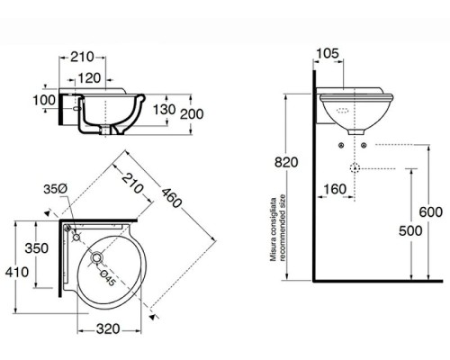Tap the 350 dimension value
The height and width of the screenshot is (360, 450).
pyautogui.click(x=38, y=247)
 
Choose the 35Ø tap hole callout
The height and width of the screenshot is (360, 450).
pyautogui.click(x=57, y=189)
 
